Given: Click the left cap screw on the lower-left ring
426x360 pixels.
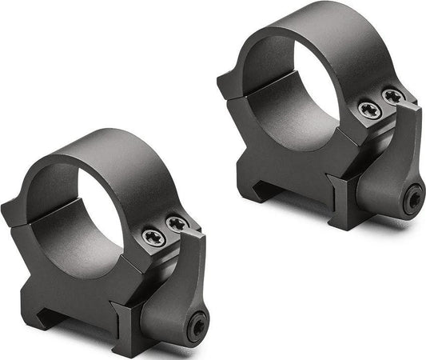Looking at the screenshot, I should coord(153,237).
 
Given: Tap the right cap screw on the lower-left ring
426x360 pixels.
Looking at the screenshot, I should coord(177,225).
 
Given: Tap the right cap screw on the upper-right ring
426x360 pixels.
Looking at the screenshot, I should coord(392,97).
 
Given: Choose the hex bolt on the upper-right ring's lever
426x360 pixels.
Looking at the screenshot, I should coord(413,198).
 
